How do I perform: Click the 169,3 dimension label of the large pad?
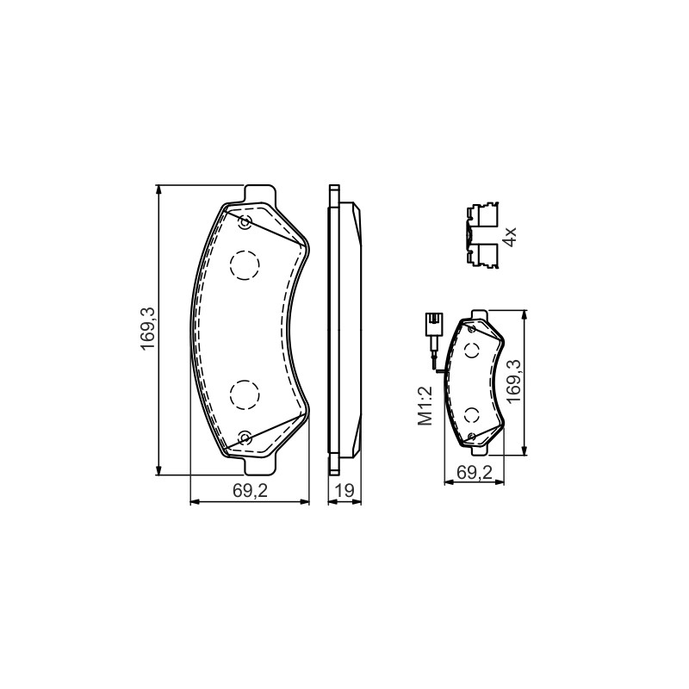tap(148, 329)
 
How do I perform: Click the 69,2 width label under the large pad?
tap(250, 491)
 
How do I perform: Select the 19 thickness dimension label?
tap(345, 491)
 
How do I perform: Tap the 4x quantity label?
tap(510, 237)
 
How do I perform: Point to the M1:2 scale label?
tap(425, 406)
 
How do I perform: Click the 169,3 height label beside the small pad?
tap(512, 380)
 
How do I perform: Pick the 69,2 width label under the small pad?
tap(475, 472)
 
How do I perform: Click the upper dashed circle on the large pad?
tap(245, 265)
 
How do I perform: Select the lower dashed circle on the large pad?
tap(245, 394)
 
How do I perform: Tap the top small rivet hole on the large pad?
tap(245, 223)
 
